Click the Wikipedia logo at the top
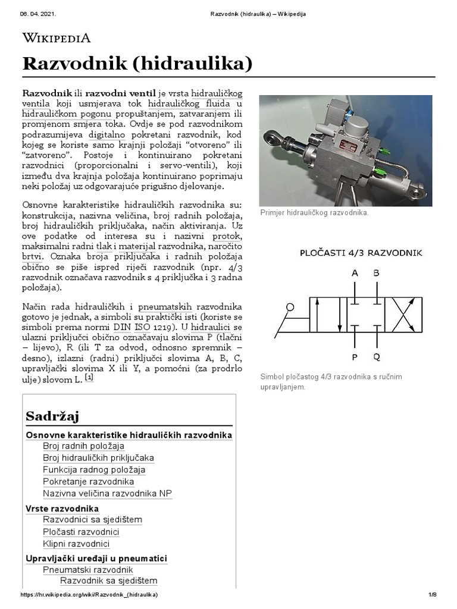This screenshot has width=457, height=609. [x=57, y=39]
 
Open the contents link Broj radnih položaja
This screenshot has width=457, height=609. [x=83, y=446]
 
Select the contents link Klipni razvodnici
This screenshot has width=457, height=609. [x=76, y=544]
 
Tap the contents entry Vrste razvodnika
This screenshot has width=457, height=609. [x=62, y=508]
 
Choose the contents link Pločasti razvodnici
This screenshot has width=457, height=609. [x=81, y=532]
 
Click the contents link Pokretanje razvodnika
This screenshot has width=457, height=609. [x=88, y=482]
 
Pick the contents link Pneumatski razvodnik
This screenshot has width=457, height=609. [x=87, y=570]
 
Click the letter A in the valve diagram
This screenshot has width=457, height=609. [x=355, y=274]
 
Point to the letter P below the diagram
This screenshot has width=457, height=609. [x=355, y=358]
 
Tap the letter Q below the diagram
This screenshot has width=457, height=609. [x=376, y=358]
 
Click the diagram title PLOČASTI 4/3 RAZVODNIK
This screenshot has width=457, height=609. [x=361, y=253]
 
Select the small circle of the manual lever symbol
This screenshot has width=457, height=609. [x=290, y=307]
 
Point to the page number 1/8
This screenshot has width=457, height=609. [x=433, y=595]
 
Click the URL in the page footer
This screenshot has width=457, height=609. [x=89, y=595]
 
